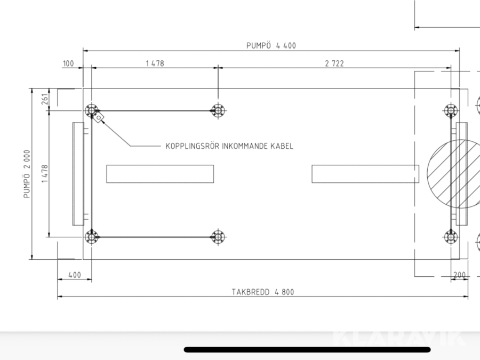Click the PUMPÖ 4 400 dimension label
point(271,46)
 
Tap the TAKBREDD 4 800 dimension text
point(262,292)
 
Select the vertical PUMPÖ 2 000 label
point(27,174)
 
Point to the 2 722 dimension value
point(334,63)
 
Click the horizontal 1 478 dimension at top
point(155,63)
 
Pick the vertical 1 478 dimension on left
point(45,173)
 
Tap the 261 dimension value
point(45,99)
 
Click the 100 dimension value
point(68,63)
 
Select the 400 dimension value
point(75,275)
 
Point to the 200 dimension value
point(460,275)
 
